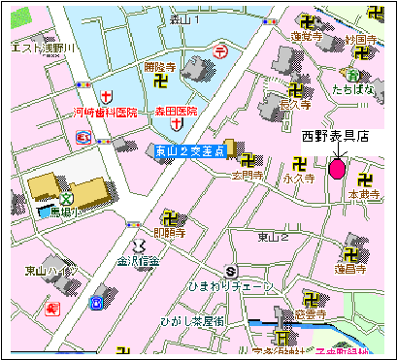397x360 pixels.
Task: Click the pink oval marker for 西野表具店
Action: [336, 170]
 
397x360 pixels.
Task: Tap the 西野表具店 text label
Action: [334, 136]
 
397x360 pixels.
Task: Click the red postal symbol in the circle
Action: [222, 50]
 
